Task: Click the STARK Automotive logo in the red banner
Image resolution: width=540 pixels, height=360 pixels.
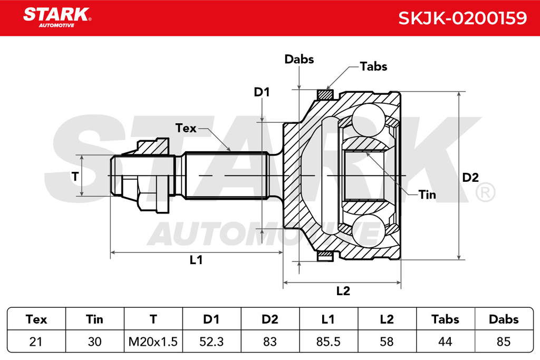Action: (x=57, y=17)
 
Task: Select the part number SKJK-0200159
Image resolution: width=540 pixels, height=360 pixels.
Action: (x=462, y=18)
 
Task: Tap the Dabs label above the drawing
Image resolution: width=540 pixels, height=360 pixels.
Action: (x=299, y=59)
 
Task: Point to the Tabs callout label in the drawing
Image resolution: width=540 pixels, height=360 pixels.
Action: (x=373, y=66)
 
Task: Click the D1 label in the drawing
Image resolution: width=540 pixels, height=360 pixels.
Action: (x=262, y=92)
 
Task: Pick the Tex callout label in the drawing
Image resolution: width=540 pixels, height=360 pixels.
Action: (x=186, y=128)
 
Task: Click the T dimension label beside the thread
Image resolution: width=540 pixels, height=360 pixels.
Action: (x=75, y=177)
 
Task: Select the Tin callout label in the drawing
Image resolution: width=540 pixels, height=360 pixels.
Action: (x=427, y=195)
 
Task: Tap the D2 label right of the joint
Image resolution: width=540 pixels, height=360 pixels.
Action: (x=470, y=178)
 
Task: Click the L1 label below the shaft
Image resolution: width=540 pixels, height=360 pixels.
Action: (x=196, y=260)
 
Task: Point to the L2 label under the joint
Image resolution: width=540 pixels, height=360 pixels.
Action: (x=343, y=291)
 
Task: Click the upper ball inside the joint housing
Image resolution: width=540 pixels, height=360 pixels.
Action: (x=368, y=120)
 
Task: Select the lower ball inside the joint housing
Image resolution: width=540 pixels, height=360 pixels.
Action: (x=368, y=230)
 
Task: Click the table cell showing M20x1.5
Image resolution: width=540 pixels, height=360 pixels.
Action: (x=153, y=342)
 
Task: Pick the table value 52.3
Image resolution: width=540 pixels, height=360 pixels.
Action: (x=211, y=342)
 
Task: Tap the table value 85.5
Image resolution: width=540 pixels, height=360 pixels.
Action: (x=328, y=342)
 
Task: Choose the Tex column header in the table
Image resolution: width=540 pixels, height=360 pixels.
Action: (x=36, y=319)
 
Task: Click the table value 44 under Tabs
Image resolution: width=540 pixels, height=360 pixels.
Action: (x=445, y=342)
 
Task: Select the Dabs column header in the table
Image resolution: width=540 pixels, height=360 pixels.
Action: (x=504, y=319)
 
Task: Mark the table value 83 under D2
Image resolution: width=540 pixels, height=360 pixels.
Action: (x=269, y=342)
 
